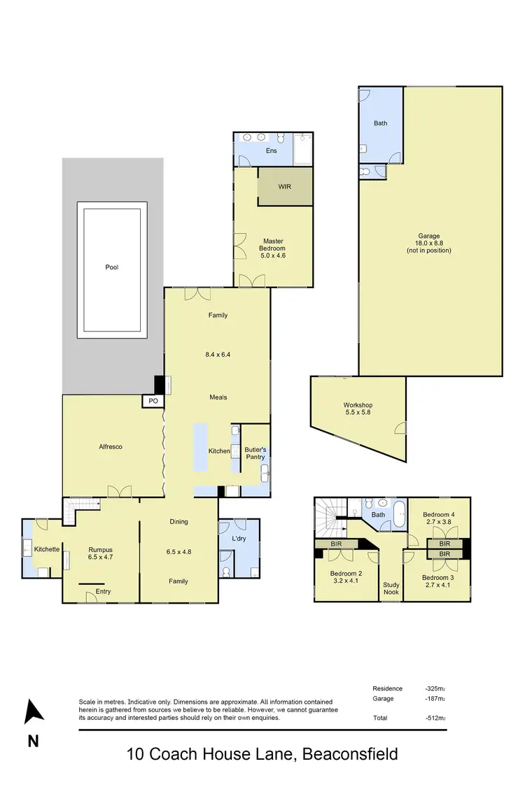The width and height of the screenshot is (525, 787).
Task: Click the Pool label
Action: (112, 267)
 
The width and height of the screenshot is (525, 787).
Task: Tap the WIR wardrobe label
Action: (285, 187)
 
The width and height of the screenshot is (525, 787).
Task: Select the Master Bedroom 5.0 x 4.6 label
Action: (273, 248)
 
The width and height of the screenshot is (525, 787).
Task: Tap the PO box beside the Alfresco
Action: (153, 401)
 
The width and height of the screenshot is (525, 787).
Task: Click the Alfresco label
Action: (110, 446)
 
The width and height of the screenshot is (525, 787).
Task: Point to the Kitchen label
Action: (219, 451)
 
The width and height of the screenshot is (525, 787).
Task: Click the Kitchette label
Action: (47, 549)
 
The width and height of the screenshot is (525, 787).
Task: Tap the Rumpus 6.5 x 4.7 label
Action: (100, 553)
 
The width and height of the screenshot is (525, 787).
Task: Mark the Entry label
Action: (103, 592)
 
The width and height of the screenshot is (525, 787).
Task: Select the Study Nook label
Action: (391, 588)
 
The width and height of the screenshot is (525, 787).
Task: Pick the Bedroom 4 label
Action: (438, 518)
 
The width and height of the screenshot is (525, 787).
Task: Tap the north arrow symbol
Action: (33, 711)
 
